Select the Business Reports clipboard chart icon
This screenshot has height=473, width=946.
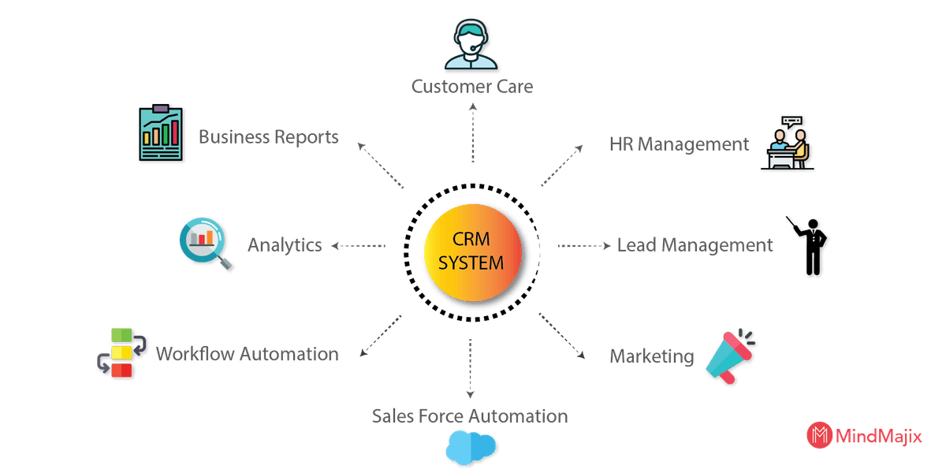point(162,133)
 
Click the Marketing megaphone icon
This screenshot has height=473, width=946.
point(730,357)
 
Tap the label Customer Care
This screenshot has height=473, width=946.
point(472,86)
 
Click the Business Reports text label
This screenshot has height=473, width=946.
point(268,137)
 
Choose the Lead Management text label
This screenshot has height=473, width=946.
point(694,245)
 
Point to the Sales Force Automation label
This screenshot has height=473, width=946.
point(470,415)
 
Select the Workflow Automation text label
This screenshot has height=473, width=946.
point(247,353)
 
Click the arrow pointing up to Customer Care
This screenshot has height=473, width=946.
point(471,131)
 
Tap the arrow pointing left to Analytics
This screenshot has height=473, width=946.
point(359,246)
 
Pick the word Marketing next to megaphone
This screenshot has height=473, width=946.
point(651,357)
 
